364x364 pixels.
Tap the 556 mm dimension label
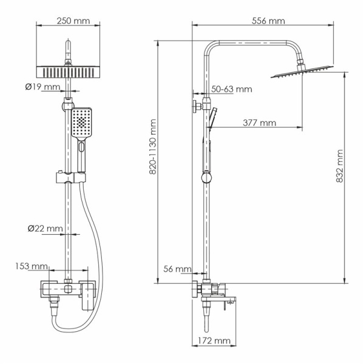tap(268, 21)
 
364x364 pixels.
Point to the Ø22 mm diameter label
tap(45, 228)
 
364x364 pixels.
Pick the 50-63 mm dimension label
tap(231, 89)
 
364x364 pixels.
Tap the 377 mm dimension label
tap(259, 123)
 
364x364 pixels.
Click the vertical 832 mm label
tap(340, 166)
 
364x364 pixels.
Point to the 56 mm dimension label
tap(175, 269)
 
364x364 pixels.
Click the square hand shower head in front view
tap(82, 124)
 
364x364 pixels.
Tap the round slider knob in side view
tap(207, 178)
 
